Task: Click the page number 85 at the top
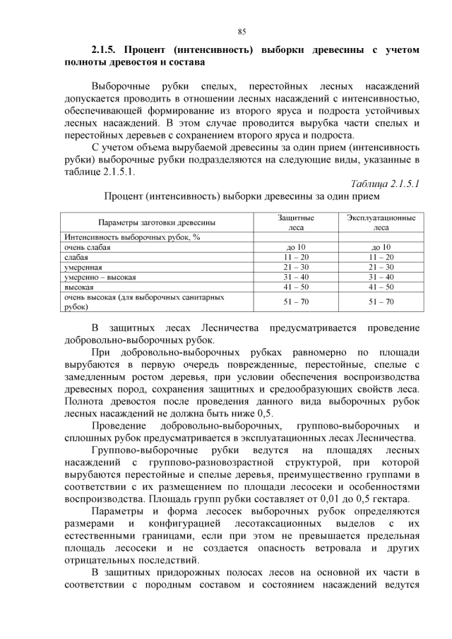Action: (x=242, y=32)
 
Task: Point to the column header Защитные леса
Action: (x=295, y=222)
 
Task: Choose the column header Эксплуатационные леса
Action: (x=380, y=222)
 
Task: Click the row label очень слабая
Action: (x=88, y=247)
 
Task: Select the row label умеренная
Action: (x=83, y=268)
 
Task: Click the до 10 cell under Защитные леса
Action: (x=295, y=247)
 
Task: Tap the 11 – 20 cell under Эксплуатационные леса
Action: (x=380, y=258)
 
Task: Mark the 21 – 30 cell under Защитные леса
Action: (x=295, y=268)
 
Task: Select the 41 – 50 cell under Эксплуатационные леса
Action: (x=380, y=289)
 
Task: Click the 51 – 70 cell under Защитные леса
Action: (x=295, y=302)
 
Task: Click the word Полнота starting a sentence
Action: (x=84, y=401)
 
